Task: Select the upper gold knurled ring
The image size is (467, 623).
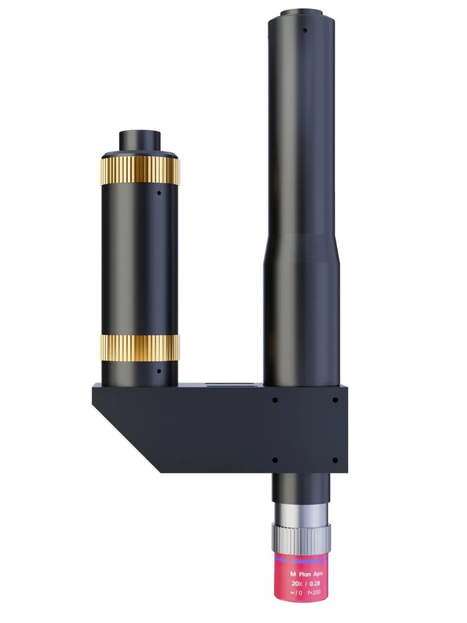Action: pyautogui.click(x=140, y=171)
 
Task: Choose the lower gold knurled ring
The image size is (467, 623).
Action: pyautogui.click(x=140, y=348)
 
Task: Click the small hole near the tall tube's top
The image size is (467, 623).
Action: pyautogui.click(x=305, y=30)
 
